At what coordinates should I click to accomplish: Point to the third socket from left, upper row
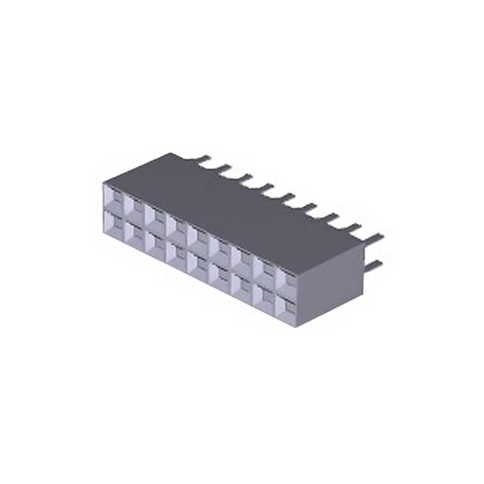[x=157, y=217]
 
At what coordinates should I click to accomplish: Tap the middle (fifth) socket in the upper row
[x=200, y=237]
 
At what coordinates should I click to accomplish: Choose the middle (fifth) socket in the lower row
[x=200, y=262]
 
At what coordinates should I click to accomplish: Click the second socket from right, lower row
[x=268, y=294]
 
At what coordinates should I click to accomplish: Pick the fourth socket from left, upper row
[x=178, y=227]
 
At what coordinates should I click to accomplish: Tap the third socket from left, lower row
[x=157, y=242]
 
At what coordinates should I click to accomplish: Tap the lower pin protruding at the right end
[x=374, y=264]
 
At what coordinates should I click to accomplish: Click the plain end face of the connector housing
[x=329, y=287]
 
